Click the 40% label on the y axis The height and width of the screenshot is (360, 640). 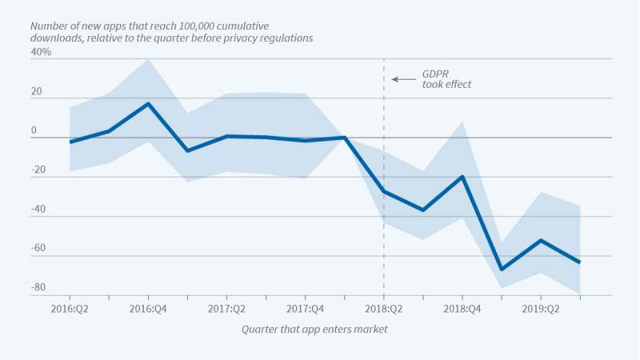click(x=42, y=52)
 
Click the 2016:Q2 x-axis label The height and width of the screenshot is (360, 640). click(x=70, y=308)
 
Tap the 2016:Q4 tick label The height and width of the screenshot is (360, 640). click(x=148, y=308)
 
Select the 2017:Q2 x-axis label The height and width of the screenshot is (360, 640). click(x=226, y=308)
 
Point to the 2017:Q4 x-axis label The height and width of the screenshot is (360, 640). click(x=305, y=308)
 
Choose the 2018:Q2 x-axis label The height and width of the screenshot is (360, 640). click(x=383, y=308)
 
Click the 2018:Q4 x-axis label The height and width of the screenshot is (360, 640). click(x=462, y=308)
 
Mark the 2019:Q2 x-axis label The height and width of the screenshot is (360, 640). click(x=540, y=308)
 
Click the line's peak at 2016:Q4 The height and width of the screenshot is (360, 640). click(x=148, y=104)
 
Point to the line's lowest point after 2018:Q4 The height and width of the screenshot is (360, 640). click(x=502, y=270)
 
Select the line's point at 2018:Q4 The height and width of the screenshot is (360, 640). click(x=462, y=177)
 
